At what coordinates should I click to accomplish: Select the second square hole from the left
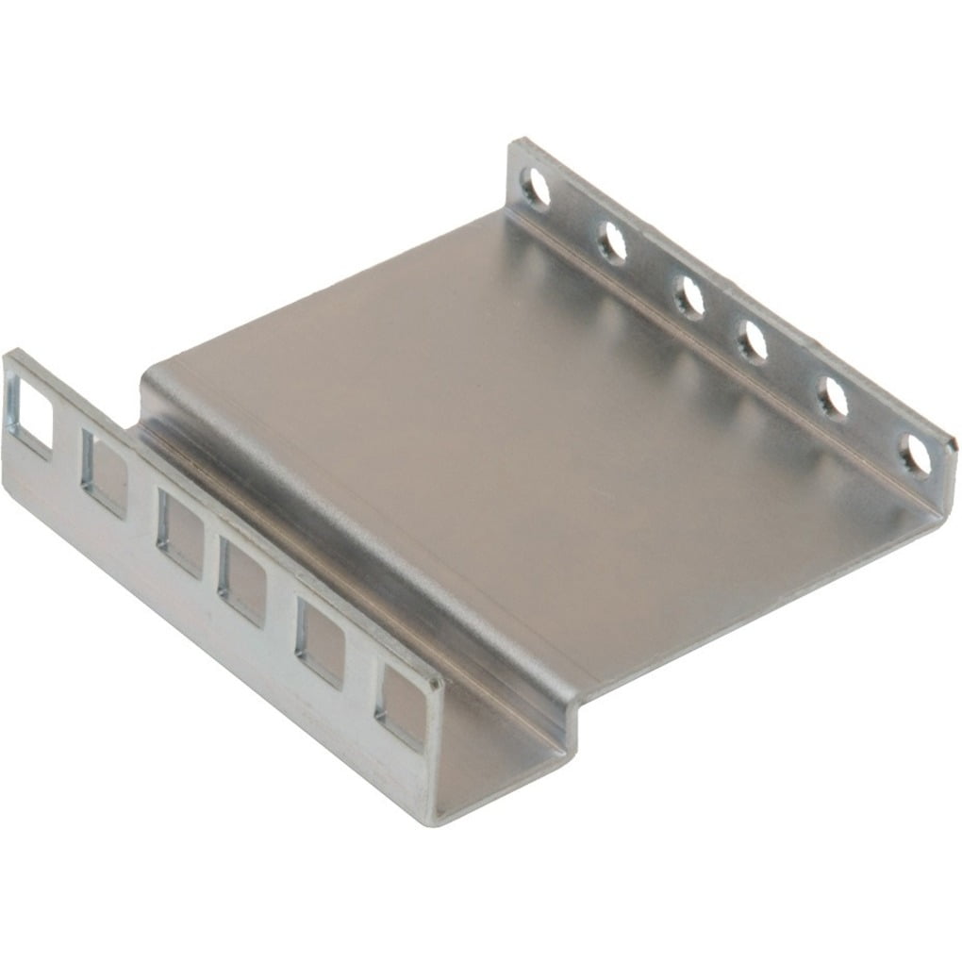[104, 472]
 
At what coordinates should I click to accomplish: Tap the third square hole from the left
[179, 532]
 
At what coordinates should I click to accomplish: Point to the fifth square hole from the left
[320, 642]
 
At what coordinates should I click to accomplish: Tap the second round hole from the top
[611, 244]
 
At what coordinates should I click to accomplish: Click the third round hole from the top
[688, 298]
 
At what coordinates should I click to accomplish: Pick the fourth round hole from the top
[753, 342]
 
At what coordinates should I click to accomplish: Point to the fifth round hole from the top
[832, 398]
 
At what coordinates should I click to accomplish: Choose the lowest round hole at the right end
[914, 456]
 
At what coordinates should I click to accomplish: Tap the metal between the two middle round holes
[721, 321]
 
